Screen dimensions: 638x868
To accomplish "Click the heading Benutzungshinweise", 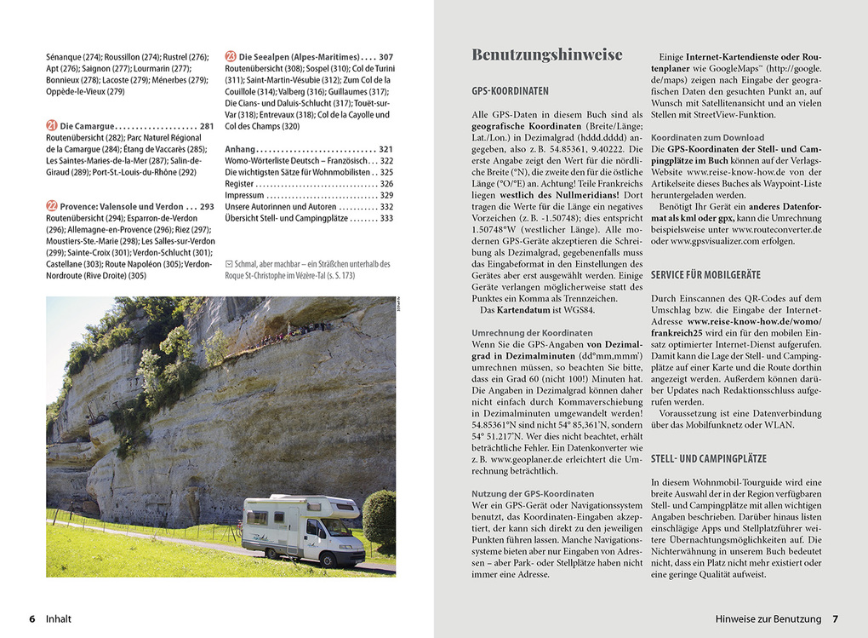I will pyautogui.click(x=547, y=55).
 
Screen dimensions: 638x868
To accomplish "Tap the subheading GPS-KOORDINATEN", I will pyautogui.click(x=510, y=90).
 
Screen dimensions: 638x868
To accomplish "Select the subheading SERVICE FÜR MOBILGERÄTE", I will pyautogui.click(x=705, y=274).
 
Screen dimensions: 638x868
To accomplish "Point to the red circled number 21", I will pyautogui.click(x=51, y=126).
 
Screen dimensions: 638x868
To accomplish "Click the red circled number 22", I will pyautogui.click(x=51, y=206).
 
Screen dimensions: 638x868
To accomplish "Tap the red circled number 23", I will pyautogui.click(x=231, y=56).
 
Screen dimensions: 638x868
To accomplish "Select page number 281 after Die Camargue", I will pyautogui.click(x=207, y=126).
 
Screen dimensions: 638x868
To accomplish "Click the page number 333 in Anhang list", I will pyautogui.click(x=385, y=218).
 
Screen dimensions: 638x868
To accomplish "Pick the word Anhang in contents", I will pyautogui.click(x=240, y=149).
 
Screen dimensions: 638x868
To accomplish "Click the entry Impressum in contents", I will pyautogui.click(x=245, y=195).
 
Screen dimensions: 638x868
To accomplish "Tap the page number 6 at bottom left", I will pyautogui.click(x=31, y=619).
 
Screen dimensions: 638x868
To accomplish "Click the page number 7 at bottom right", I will pyautogui.click(x=835, y=619).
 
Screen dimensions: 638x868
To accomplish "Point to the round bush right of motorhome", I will pyautogui.click(x=380, y=517).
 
